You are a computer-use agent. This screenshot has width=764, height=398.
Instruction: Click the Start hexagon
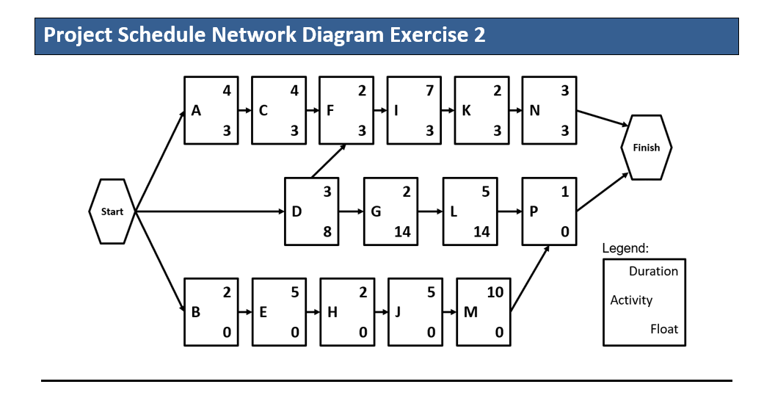click(112, 211)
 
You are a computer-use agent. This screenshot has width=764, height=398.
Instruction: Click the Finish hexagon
click(646, 148)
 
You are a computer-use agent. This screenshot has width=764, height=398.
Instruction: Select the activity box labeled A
click(211, 110)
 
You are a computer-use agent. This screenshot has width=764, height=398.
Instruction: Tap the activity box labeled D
click(312, 211)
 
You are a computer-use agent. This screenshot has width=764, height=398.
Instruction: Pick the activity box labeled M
click(484, 311)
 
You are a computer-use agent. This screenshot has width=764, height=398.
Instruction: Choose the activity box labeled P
click(549, 211)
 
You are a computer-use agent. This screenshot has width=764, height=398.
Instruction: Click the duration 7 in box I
click(429, 91)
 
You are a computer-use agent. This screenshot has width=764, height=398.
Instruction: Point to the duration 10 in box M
click(495, 292)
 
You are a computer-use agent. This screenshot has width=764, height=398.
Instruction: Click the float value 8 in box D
click(327, 232)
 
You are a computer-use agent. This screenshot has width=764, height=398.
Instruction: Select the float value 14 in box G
click(402, 232)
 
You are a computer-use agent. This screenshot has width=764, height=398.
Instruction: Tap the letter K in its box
click(467, 111)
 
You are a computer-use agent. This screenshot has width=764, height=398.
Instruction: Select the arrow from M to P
click(529, 278)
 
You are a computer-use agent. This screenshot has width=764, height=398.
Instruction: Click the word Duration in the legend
click(653, 271)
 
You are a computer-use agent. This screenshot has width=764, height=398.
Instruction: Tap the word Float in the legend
click(663, 328)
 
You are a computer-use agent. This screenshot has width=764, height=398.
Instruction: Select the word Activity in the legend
click(631, 300)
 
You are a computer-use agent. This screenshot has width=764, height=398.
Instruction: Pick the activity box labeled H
click(346, 311)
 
